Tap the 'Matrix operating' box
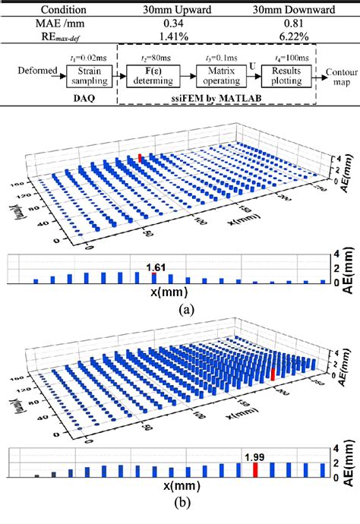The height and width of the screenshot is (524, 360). click(220, 76)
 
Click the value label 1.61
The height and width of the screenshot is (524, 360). click(156, 267)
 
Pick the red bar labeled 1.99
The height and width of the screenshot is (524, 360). click(255, 471)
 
